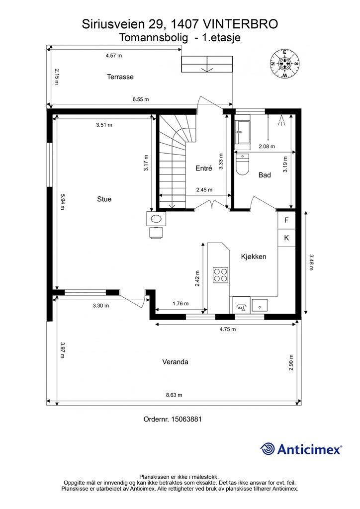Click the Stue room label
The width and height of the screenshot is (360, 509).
coord(104,199)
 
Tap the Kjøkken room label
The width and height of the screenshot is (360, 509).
coord(254,256)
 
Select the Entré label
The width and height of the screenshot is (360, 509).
coord(204,169)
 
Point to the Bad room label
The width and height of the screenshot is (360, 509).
coord(265,175)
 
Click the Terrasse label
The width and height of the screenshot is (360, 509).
coord(120,77)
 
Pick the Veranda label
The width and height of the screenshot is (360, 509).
coord(175,362)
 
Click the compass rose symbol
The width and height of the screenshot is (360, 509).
coord(284,64)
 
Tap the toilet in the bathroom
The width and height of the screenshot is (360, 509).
coord(243,165)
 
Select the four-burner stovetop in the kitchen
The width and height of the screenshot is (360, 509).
coord(220,275)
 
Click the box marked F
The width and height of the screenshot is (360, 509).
coord(286,220)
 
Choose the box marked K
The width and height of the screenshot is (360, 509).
coord(286,238)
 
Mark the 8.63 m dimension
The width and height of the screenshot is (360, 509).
coord(174,395)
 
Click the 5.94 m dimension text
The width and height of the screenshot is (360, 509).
coord(62,201)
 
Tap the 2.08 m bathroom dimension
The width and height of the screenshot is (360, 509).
coord(267,147)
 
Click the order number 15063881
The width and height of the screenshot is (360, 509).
coord(186,419)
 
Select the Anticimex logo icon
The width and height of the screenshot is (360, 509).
coord(268,449)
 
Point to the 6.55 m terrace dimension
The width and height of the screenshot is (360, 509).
coord(141,99)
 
